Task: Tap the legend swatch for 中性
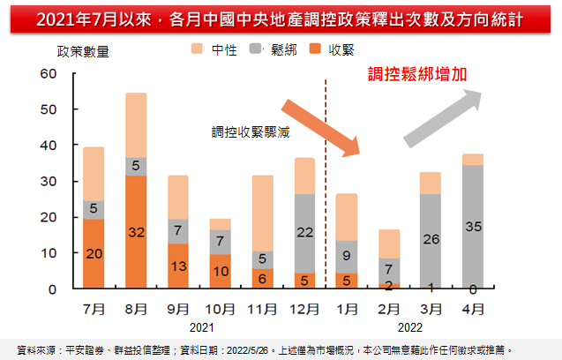point(197,50)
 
